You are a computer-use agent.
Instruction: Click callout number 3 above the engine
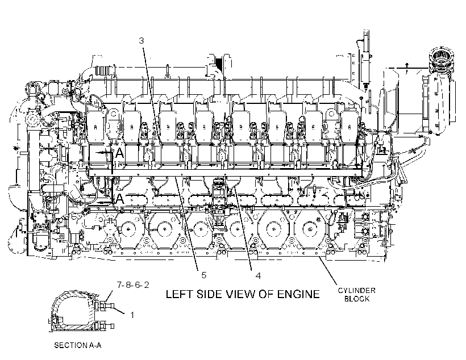pyautogui.click(x=142, y=40)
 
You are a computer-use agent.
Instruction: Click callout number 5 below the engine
pyautogui.click(x=203, y=275)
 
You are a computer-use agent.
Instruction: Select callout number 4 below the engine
pyautogui.click(x=258, y=275)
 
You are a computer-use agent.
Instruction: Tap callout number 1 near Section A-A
pyautogui.click(x=132, y=315)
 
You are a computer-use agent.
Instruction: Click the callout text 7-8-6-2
pyautogui.click(x=133, y=285)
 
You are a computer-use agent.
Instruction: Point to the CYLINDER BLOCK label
pyautogui.click(x=357, y=294)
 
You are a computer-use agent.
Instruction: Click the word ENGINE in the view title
pyautogui.click(x=298, y=294)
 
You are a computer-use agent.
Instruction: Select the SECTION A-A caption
pyautogui.click(x=78, y=345)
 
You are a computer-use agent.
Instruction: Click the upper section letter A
pyautogui.click(x=119, y=153)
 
